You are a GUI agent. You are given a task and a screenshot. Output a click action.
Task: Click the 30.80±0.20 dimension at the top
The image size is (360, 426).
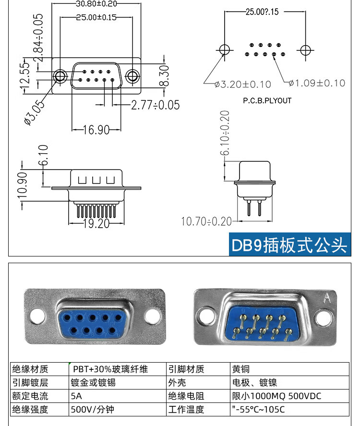click(96, 4)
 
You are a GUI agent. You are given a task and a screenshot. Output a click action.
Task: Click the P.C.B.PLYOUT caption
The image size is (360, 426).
click(267, 101)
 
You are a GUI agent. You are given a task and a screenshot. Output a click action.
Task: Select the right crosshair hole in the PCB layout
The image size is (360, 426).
click(304, 49)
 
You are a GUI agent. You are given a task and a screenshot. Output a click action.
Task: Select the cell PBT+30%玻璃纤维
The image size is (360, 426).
click(110, 369)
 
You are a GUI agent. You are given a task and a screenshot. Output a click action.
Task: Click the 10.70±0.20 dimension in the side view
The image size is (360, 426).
click(206, 221)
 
